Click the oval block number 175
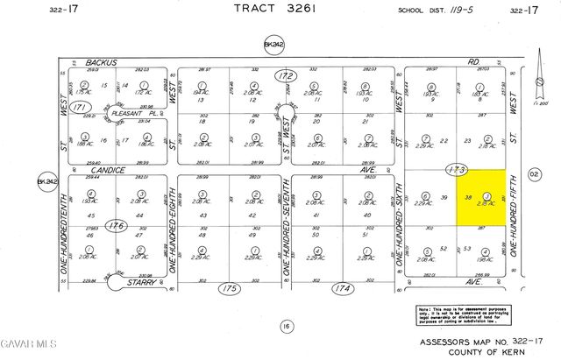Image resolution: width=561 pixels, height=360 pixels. tap(230, 288)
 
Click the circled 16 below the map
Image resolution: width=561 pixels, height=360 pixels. tap(285, 326)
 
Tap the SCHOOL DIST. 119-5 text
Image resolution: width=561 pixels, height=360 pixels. tap(435, 11)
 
